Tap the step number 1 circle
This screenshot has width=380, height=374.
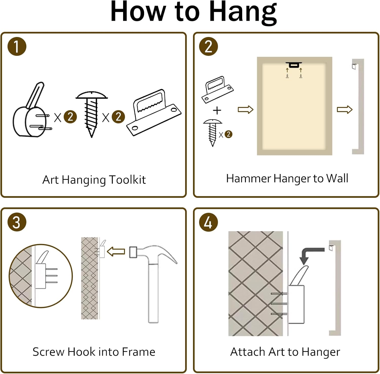(17, 46)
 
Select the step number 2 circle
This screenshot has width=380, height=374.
(208, 46)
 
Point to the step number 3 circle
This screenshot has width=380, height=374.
(17, 222)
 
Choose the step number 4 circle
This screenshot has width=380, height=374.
(208, 222)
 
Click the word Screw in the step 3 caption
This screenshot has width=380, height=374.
(48, 352)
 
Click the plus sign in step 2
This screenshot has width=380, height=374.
(217, 110)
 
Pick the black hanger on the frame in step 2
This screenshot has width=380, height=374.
(294, 65)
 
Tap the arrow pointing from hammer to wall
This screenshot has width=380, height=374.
(116, 252)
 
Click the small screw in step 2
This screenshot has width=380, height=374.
(213, 133)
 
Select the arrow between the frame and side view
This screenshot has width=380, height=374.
(345, 110)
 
